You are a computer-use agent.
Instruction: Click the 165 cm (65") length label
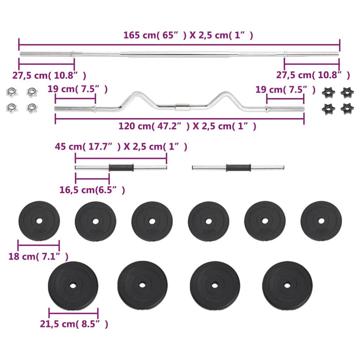point(188,35)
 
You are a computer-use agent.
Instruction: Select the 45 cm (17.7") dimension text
point(121,147)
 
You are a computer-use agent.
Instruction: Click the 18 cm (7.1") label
point(39,256)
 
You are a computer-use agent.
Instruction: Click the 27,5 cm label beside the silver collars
point(49,75)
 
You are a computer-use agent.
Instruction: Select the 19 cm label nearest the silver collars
point(78,89)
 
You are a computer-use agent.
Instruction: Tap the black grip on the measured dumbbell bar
point(121,167)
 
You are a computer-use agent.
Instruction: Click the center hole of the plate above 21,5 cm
point(73,285)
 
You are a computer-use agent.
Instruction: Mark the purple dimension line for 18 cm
point(39,246)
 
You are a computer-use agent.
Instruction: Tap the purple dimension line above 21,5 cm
point(74,314)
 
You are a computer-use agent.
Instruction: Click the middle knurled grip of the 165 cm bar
point(180,53)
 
